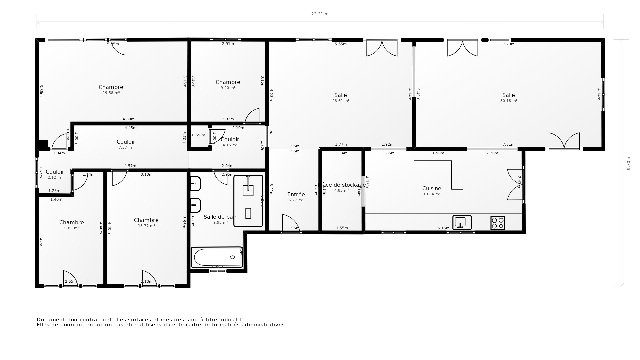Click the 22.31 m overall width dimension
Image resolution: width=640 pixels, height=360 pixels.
[x=320, y=14]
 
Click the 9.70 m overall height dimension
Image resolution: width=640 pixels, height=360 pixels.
[x=629, y=163]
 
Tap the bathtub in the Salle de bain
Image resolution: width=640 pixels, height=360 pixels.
[x=217, y=257]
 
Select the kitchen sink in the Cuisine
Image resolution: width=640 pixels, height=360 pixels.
[x=462, y=222]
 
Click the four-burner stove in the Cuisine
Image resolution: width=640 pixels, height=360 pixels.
[x=497, y=223]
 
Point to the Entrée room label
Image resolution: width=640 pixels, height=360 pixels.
[x=296, y=194]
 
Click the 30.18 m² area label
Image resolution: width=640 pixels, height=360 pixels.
[x=509, y=101]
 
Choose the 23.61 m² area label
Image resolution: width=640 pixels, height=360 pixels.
[x=341, y=101]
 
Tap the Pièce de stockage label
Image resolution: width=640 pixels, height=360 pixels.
[x=342, y=185]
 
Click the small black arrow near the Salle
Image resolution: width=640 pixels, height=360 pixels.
[x=271, y=132]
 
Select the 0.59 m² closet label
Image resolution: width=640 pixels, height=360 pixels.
[x=199, y=135]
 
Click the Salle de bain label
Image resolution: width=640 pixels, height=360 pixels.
[x=220, y=217]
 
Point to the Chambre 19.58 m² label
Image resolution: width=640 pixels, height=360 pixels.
[x=111, y=87]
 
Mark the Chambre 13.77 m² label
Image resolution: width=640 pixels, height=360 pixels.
[x=146, y=220]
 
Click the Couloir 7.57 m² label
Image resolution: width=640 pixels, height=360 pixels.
[x=126, y=142]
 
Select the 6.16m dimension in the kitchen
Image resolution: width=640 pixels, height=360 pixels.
[x=443, y=228]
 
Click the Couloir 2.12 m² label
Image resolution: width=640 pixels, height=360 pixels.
[x=55, y=172]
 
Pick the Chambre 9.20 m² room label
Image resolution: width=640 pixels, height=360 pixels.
[x=228, y=82]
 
